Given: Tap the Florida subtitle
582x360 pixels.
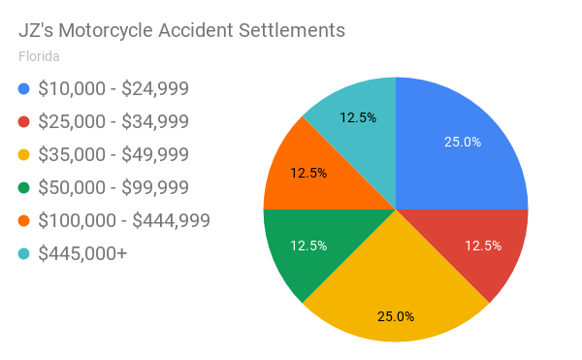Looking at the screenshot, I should tap(39, 55).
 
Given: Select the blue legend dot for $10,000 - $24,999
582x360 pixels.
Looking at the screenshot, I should tap(24, 89).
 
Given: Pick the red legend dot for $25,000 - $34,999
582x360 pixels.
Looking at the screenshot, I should tap(24, 122).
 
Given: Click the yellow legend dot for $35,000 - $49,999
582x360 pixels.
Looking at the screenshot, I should tap(24, 155).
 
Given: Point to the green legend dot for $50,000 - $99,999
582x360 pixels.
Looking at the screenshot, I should tap(24, 188).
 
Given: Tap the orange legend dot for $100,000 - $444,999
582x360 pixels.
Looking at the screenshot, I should tap(24, 221).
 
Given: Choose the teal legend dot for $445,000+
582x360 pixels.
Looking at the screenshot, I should tap(24, 254).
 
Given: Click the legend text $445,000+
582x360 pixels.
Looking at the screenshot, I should tap(82, 254).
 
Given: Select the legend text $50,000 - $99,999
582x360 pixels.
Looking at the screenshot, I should tap(113, 188).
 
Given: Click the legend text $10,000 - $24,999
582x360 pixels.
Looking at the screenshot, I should tap(113, 89).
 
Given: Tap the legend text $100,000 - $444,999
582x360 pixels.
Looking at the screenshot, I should tap(124, 221).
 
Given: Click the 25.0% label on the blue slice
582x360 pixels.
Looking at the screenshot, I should tap(463, 142).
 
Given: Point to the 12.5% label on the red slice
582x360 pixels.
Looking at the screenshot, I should tap(483, 245).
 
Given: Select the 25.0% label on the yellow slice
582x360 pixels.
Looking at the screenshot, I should tap(396, 316).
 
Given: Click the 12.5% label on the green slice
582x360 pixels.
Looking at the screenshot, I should tap(308, 245).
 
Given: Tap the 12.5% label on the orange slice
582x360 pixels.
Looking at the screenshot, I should tap(308, 173).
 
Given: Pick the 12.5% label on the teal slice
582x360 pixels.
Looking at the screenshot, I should tap(358, 118).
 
